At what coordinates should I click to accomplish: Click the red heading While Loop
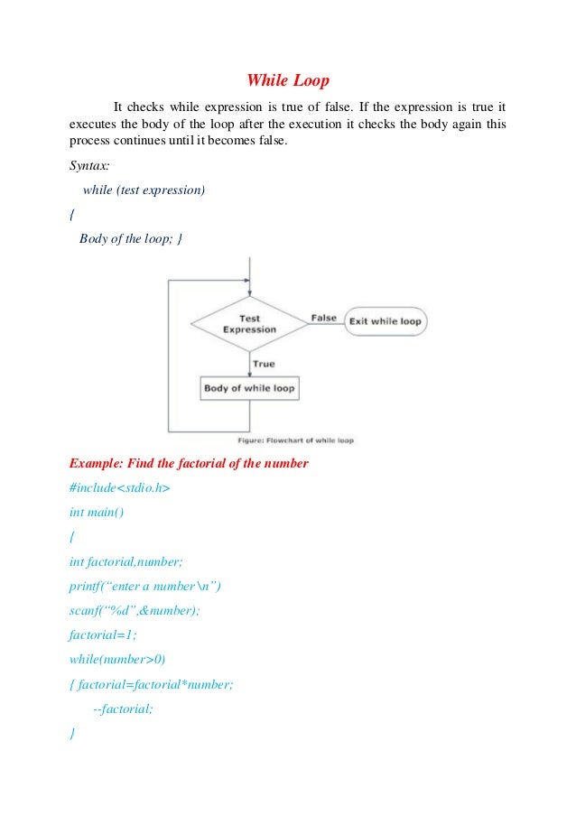[288, 81]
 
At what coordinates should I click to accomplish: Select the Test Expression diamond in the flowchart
[249, 324]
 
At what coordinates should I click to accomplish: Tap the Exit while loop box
[386, 321]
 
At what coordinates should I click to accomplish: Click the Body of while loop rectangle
[249, 389]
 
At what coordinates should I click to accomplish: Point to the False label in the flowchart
[323, 318]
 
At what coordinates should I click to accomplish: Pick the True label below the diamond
[264, 364]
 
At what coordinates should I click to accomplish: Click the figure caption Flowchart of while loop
[295, 440]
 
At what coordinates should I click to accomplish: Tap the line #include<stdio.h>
[119, 488]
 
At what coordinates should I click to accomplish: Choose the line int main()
[97, 513]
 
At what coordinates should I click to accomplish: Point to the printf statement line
[144, 586]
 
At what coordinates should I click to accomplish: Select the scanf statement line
[135, 611]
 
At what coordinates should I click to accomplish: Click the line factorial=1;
[103, 635]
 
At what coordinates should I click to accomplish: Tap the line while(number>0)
[117, 660]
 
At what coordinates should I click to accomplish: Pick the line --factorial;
[124, 709]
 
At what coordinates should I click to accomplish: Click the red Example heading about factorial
[189, 464]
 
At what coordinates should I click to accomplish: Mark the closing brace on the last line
[72, 734]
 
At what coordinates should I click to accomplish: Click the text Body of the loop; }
[132, 239]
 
